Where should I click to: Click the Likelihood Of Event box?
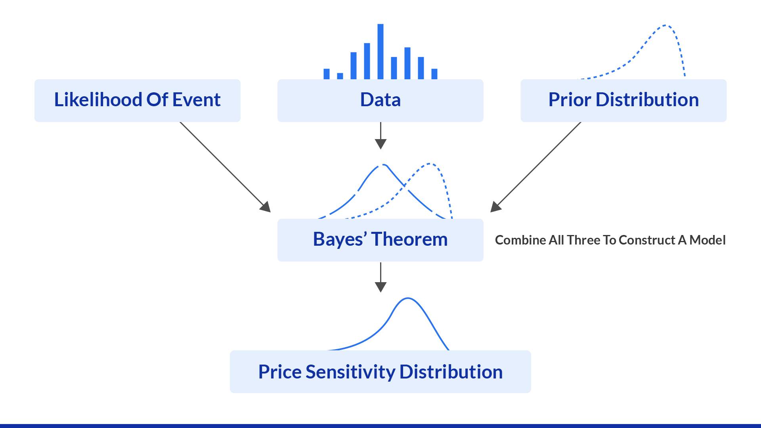(137, 100)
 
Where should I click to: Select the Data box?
(380, 100)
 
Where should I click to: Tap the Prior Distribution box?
(623, 100)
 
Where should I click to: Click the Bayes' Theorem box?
(380, 240)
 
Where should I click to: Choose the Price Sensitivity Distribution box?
(380, 372)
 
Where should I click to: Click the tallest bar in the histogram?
(380, 52)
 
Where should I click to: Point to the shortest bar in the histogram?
(340, 76)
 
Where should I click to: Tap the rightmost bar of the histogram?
(434, 74)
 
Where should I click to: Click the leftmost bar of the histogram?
(327, 74)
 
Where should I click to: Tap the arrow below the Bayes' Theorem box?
(380, 277)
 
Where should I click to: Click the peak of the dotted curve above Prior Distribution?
(665, 26)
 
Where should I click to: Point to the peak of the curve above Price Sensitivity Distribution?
(408, 298)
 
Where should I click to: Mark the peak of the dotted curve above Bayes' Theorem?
(430, 164)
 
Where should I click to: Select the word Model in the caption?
(707, 240)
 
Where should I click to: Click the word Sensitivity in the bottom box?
(350, 372)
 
